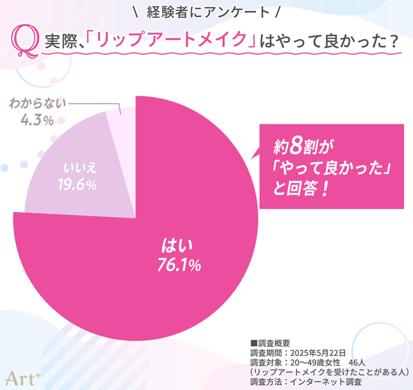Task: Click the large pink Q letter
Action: click(x=27, y=42)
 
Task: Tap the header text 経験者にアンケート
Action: click(x=206, y=12)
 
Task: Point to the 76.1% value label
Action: click(x=179, y=265)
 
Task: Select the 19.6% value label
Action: click(x=77, y=185)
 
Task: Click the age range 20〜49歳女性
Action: click(x=316, y=362)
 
